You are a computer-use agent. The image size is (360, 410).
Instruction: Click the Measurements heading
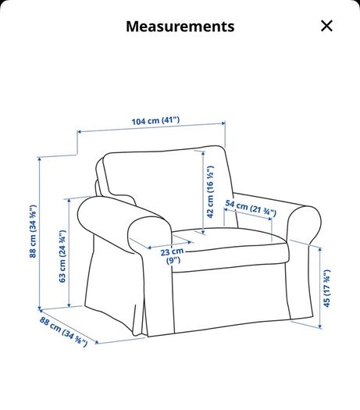point(180,27)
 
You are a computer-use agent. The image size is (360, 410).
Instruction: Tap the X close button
point(326,26)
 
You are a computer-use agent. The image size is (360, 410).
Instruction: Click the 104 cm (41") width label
point(155,121)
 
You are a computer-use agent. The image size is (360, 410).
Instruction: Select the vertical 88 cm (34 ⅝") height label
point(33,231)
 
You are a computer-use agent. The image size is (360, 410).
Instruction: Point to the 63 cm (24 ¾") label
point(62,256)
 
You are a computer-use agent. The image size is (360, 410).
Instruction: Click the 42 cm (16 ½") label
point(210,191)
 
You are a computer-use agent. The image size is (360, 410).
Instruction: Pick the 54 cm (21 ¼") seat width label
point(251,209)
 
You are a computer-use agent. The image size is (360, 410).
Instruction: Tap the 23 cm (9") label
point(172,256)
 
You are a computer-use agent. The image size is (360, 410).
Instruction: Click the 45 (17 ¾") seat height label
point(326,288)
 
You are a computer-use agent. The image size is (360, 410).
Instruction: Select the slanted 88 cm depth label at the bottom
point(63,332)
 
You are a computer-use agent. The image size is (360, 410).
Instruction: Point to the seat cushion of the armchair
point(230,248)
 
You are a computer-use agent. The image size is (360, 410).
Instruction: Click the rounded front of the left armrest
point(149,235)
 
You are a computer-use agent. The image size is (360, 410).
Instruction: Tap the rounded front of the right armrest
point(304,224)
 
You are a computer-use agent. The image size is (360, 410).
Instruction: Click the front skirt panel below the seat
point(231,298)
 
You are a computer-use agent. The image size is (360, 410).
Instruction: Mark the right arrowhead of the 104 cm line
point(223,123)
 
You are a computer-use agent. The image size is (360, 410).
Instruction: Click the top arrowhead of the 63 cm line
point(69,201)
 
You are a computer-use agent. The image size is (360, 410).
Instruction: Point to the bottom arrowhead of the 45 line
point(319,326)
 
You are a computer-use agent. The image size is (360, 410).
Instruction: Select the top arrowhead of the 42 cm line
point(203,153)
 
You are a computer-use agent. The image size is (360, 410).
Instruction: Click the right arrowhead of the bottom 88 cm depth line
point(97,342)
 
